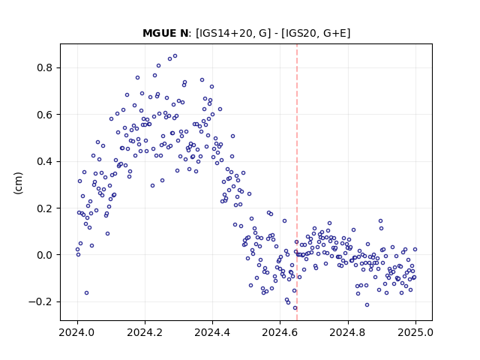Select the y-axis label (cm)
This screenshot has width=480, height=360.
click(x=18, y=183)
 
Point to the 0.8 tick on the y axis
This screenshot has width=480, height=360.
click(x=44, y=67)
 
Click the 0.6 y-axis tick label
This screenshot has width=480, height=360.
click(x=44, y=115)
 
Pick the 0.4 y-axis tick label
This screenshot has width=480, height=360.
click(x=44, y=161)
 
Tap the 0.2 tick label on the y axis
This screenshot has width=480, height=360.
click(x=44, y=208)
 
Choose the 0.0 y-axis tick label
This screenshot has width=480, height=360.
click(x=44, y=255)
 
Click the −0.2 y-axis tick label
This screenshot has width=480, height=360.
click(x=40, y=301)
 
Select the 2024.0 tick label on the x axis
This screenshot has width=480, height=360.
click(x=77, y=332)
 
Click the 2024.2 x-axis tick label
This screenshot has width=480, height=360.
click(x=145, y=332)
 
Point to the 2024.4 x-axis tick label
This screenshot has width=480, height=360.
click(x=212, y=332)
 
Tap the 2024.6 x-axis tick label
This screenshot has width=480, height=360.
click(x=280, y=332)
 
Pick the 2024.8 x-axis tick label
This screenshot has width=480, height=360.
click(x=348, y=332)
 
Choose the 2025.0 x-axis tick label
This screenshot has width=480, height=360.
click(x=415, y=332)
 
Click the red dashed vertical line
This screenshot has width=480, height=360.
click(x=297, y=182)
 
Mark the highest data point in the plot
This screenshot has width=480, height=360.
click(x=175, y=56)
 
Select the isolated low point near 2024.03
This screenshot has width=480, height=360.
click(x=87, y=293)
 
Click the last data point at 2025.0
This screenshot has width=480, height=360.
click(x=415, y=250)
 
